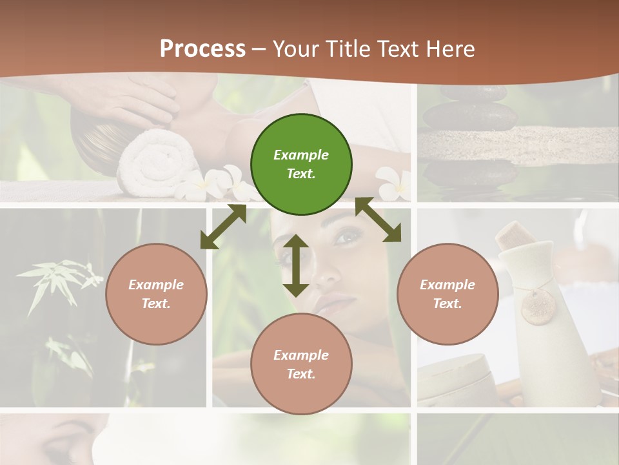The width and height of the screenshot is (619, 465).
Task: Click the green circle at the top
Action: tap(301, 164)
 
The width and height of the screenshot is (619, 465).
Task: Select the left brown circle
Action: tap(156, 294)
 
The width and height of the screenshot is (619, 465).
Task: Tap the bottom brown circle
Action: tap(301, 364)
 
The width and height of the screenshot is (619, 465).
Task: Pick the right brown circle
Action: tap(447, 294)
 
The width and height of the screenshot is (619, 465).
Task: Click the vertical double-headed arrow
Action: tap(295, 265)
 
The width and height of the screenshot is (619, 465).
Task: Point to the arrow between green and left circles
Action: tap(223, 227)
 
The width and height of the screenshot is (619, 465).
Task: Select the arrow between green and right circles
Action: tap(378, 220)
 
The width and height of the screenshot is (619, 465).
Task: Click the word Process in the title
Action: tap(202, 48)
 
